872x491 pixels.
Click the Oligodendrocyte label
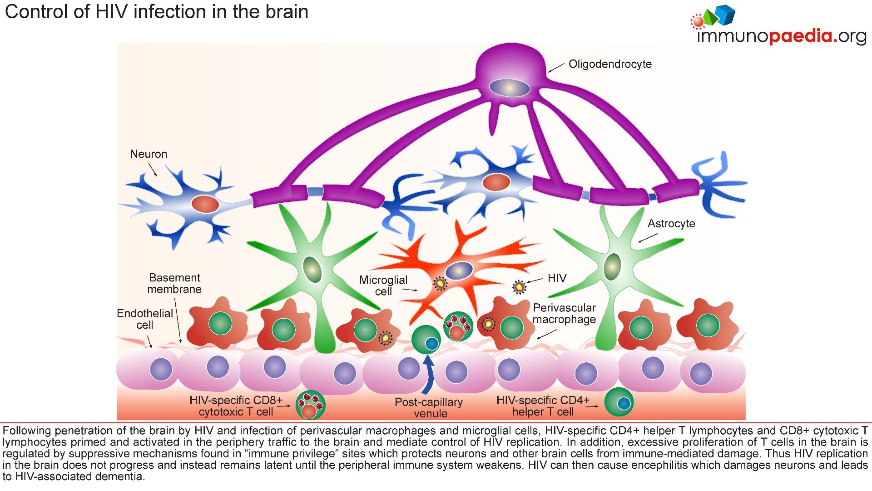pyautogui.click(x=610, y=64)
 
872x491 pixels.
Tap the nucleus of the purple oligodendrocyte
pyautogui.click(x=510, y=87)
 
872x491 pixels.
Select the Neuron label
pyautogui.click(x=149, y=154)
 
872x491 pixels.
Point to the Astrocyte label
pyautogui.click(x=671, y=224)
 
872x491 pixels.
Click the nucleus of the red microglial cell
pyautogui.click(x=459, y=271)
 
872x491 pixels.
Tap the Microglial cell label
pyautogui.click(x=383, y=286)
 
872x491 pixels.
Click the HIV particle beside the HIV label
pyautogui.click(x=519, y=287)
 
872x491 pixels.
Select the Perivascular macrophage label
pyautogui.click(x=564, y=313)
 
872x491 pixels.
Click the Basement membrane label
pyautogui.click(x=175, y=283)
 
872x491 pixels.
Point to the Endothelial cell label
pyautogui.click(x=145, y=319)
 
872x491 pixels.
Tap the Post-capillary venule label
pyautogui.click(x=429, y=408)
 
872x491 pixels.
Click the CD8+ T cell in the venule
pyautogui.click(x=311, y=405)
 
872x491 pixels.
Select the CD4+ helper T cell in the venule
pyautogui.click(x=619, y=401)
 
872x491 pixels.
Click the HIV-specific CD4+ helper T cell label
pyautogui.click(x=543, y=406)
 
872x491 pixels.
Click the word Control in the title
pyautogui.click(x=35, y=12)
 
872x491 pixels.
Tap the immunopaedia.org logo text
pyautogui.click(x=781, y=36)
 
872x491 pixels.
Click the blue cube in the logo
pyautogui.click(x=724, y=14)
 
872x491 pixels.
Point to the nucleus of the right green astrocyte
pyautogui.click(x=613, y=267)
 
